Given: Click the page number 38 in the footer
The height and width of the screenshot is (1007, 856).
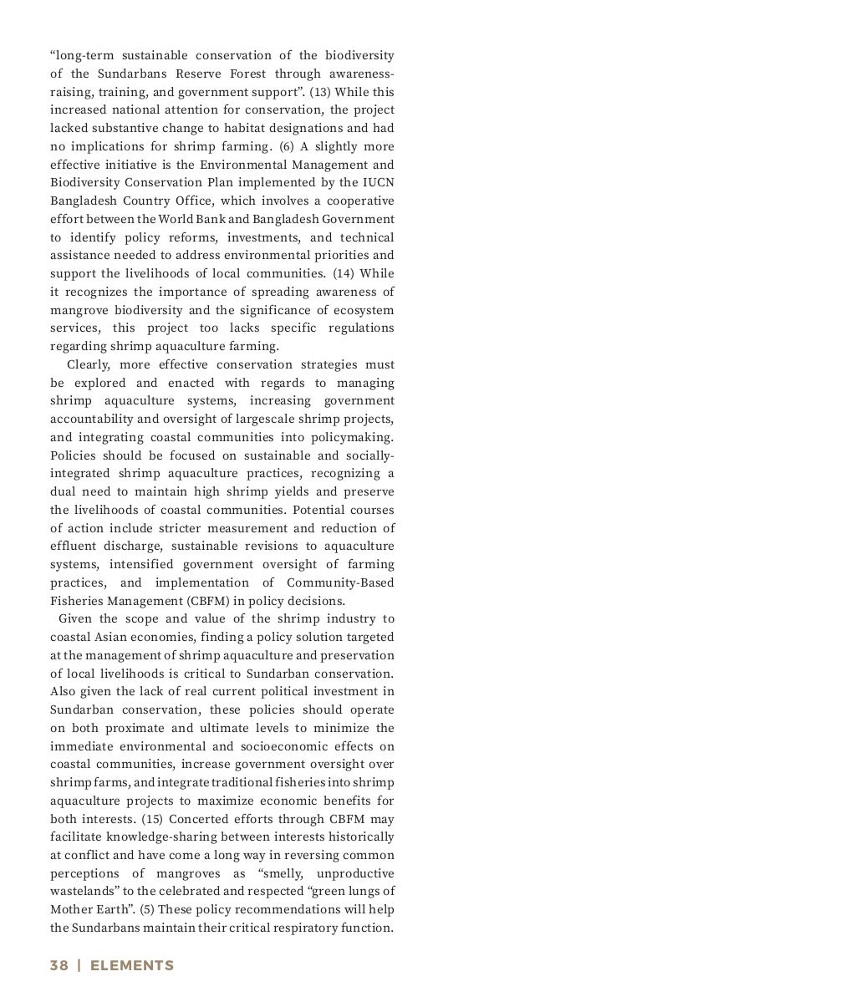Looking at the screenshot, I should click(x=59, y=965).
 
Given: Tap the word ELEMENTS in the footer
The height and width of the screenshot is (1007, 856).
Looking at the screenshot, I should click(x=132, y=965).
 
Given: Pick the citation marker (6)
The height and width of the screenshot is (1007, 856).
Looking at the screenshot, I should click(x=286, y=146).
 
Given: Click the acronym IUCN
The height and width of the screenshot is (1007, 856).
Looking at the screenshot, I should click(x=378, y=182).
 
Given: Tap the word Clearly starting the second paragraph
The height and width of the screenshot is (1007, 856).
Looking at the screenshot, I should click(x=88, y=364).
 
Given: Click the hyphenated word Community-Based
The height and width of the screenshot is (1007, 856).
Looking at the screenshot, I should click(x=340, y=582).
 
